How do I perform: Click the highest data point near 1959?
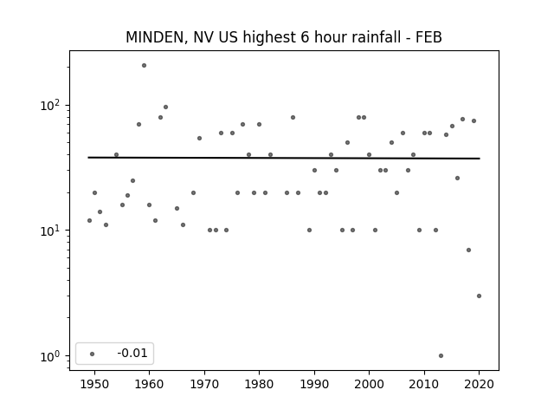pyautogui.click(x=145, y=66)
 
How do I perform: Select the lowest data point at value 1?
pyautogui.click(x=441, y=356)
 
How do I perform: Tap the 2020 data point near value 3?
pyautogui.click(x=479, y=296)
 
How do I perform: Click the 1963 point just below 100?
pyautogui.click(x=165, y=107)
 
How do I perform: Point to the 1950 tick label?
pyautogui.click(x=94, y=384)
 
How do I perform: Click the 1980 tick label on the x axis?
pyautogui.click(x=259, y=384)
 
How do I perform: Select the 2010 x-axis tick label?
pyautogui.click(x=424, y=384)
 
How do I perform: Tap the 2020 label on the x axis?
pyautogui.click(x=479, y=384)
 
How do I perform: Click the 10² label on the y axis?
pyautogui.click(x=52, y=106)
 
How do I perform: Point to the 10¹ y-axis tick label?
pyautogui.click(x=52, y=231)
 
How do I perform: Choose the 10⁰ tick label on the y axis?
pyautogui.click(x=52, y=356)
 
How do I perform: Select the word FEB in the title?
pyautogui.click(x=428, y=37)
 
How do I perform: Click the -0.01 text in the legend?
pyautogui.click(x=132, y=353)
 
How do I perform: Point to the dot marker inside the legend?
pyautogui.click(x=93, y=354)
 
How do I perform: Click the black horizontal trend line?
pyautogui.click(x=284, y=158)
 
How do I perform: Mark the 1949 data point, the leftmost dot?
pyautogui.click(x=89, y=221)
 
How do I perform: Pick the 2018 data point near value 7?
pyautogui.click(x=468, y=250)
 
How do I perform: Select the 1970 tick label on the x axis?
pyautogui.click(x=204, y=384)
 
